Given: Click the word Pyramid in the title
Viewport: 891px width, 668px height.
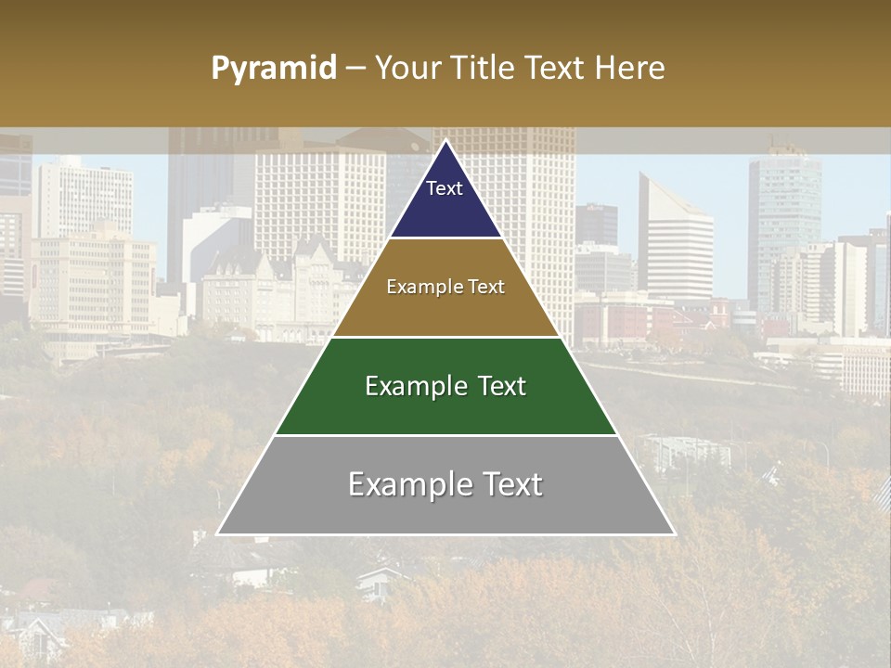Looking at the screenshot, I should [273, 69].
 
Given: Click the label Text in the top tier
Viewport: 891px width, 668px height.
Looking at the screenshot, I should [444, 188].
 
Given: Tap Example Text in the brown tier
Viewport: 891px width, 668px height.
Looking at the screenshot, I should [445, 287].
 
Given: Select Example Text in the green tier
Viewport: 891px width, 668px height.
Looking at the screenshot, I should [445, 386].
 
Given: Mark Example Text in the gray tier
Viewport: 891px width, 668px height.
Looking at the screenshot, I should [445, 484].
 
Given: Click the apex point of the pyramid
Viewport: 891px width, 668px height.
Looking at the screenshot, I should [445, 141].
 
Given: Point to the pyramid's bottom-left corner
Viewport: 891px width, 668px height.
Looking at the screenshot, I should [218, 534].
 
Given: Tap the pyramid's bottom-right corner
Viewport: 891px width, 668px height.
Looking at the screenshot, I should [674, 534].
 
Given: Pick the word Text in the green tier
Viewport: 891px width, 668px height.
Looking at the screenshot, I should [497, 386].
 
